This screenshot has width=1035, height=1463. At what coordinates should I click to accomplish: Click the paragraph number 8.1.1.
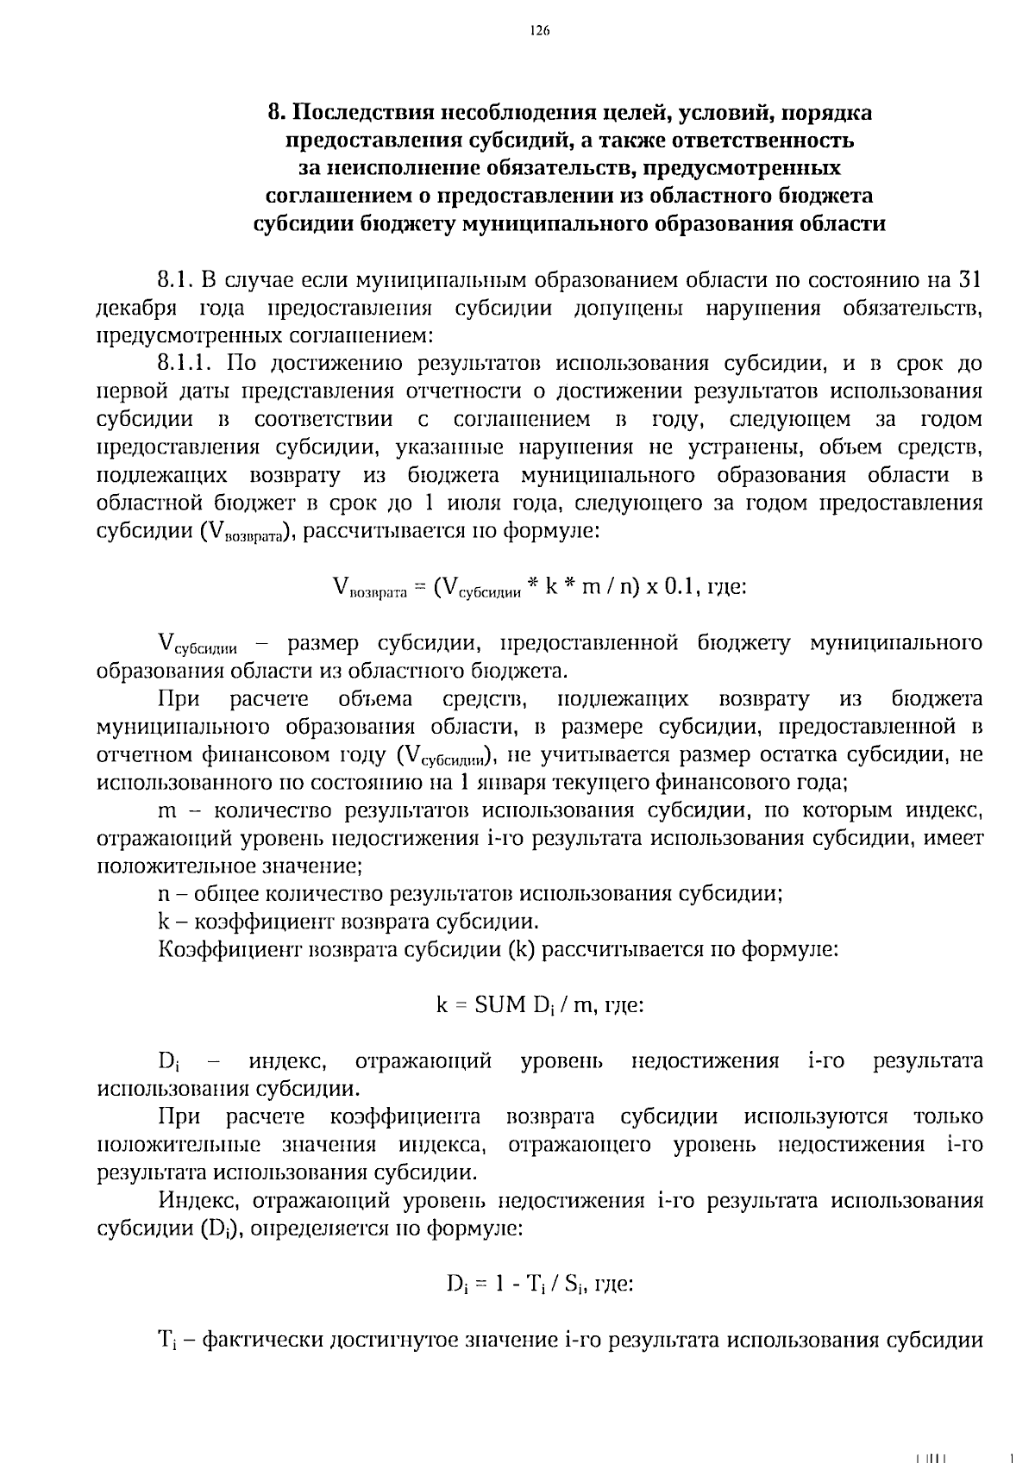[x=191, y=364]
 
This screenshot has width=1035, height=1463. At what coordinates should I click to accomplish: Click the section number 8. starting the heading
[x=275, y=113]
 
